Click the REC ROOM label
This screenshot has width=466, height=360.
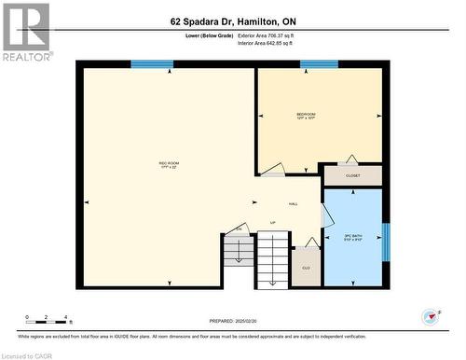click(x=169, y=165)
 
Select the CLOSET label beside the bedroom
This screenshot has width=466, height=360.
click(x=352, y=174)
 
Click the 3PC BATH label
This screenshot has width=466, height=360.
click(x=352, y=237)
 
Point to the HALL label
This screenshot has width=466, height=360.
click(x=293, y=203)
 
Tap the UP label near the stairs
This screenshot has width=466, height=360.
click(x=273, y=223)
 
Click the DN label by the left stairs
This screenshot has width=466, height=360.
click(x=239, y=228)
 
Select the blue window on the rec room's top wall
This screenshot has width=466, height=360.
click(x=152, y=64)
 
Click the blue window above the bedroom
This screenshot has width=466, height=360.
click(x=319, y=64)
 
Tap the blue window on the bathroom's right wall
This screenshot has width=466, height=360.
click(x=386, y=242)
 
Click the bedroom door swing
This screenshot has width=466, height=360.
click(x=273, y=169)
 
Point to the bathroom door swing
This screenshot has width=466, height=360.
click(x=326, y=214)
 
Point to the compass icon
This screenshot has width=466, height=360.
click(x=430, y=317)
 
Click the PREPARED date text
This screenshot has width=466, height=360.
click(x=233, y=319)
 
